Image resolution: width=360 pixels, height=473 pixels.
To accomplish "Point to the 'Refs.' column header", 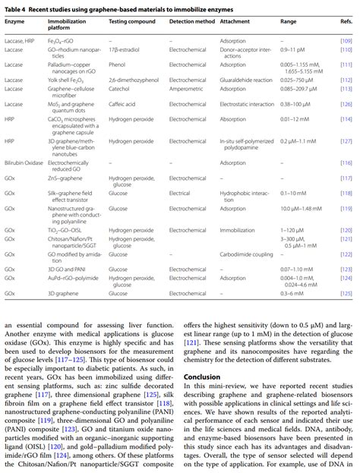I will tap(346, 20).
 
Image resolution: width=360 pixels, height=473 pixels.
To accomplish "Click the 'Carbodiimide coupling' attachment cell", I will tap(249, 255).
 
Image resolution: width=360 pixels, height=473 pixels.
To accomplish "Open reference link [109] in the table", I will tap(346, 39).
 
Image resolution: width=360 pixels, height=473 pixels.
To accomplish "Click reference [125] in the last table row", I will tap(346, 292).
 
